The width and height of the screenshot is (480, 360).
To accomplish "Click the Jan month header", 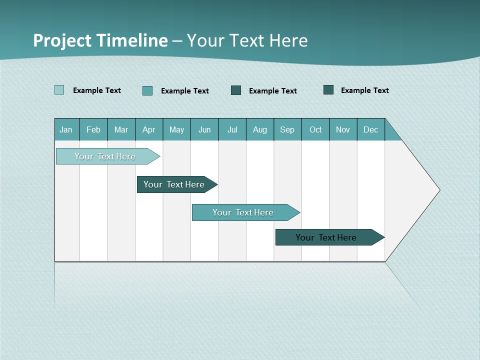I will (x=66, y=129).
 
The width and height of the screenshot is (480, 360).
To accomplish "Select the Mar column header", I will (x=121, y=129).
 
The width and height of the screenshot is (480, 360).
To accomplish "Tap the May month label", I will (x=176, y=129).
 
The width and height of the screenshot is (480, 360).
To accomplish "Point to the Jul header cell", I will (x=232, y=129).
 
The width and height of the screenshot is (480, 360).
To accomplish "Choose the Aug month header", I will (x=259, y=129).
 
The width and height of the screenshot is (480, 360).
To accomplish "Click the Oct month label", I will (x=315, y=129).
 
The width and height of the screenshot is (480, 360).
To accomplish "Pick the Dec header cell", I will (x=370, y=129).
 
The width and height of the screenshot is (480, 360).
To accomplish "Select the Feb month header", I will (x=93, y=129).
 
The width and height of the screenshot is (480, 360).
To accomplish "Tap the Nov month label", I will (x=342, y=129).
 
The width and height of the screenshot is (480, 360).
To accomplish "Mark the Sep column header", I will (x=287, y=129).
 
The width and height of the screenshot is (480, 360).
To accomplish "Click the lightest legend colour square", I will (x=59, y=90).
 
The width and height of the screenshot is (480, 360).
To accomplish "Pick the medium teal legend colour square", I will (x=147, y=90).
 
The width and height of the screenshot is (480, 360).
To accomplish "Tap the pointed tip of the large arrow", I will (x=438, y=190).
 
